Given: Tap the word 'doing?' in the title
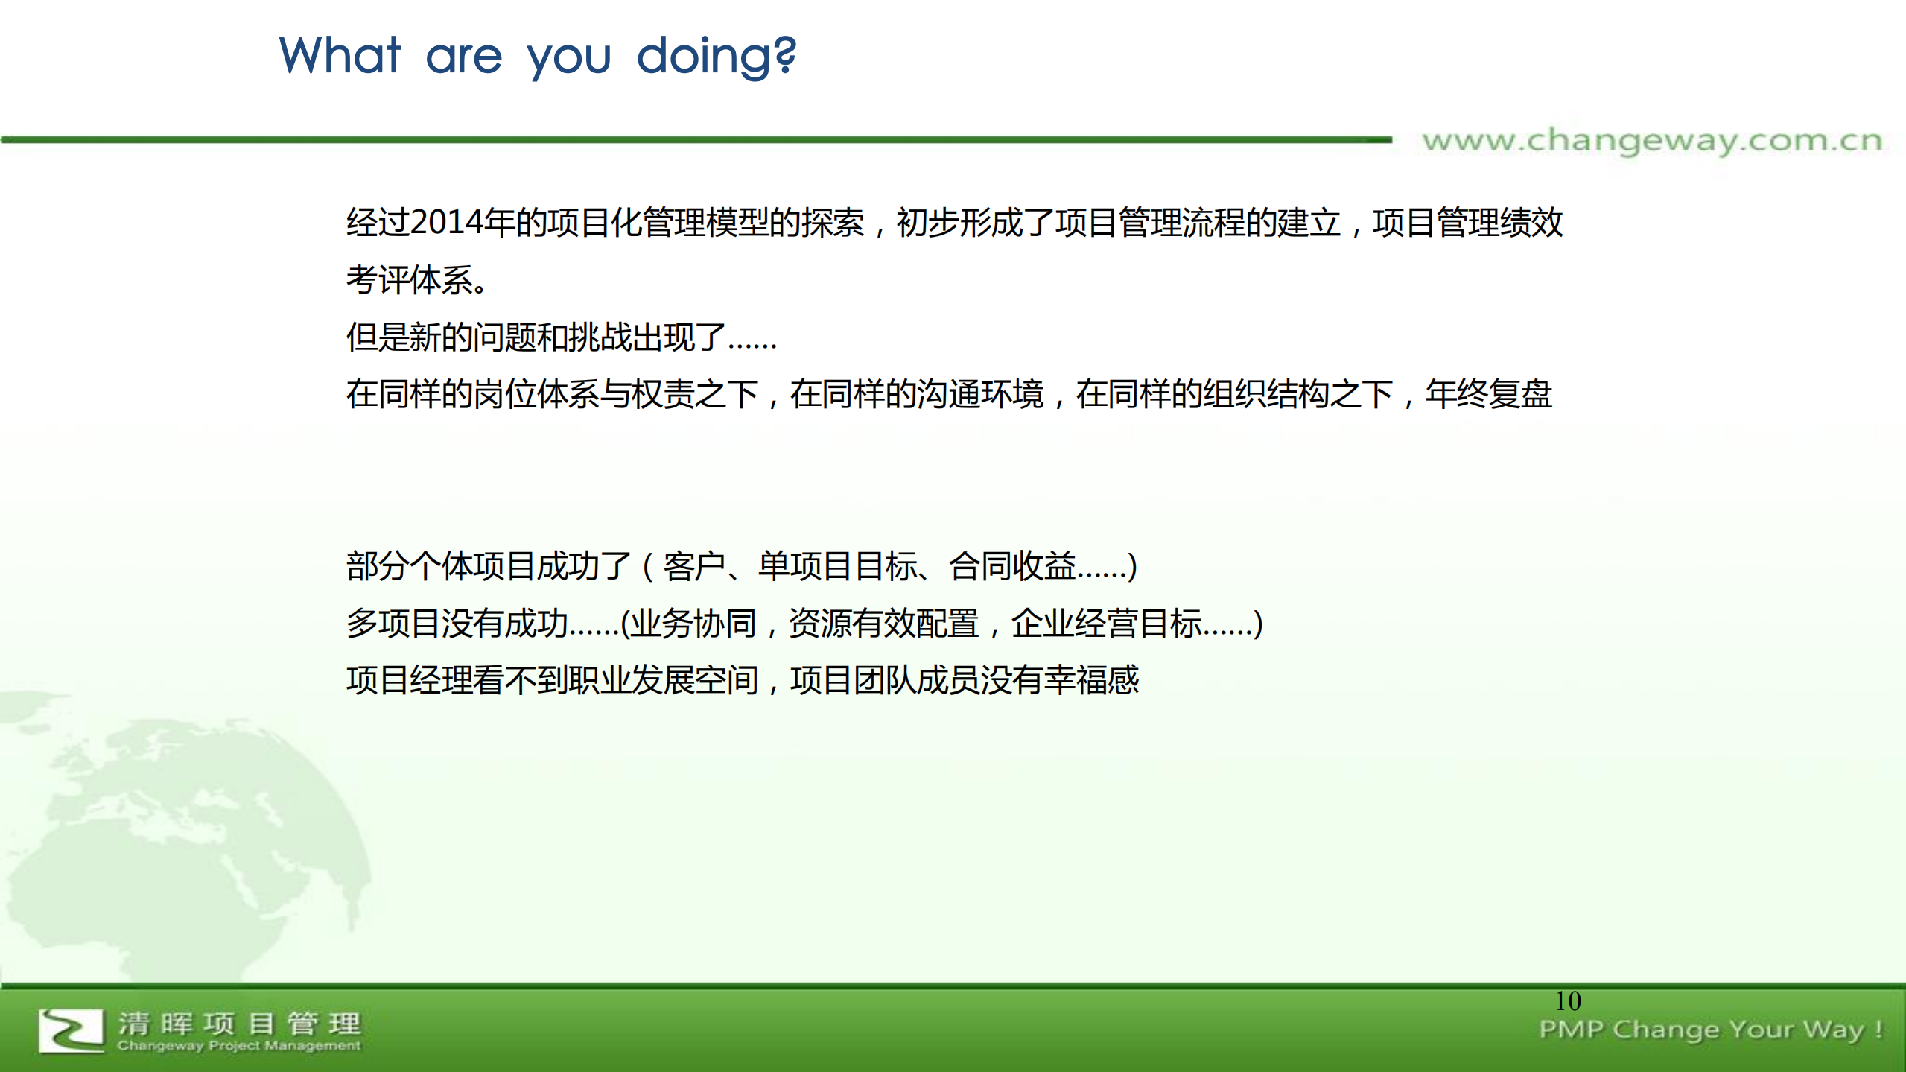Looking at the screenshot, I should coord(716,57).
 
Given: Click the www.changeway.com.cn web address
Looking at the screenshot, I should coord(1651,141).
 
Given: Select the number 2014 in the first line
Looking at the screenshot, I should coord(445,223).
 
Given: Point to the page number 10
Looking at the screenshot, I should coord(1568,1000).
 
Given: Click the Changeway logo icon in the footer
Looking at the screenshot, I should coord(71,1030).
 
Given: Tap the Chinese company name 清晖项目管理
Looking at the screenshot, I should coord(239,1024).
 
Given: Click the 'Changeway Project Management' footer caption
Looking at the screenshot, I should coord(238,1046).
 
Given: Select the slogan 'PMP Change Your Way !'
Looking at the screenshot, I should coord(1710,1030).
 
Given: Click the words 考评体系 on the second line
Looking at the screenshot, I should coord(409,280).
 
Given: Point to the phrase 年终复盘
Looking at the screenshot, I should coord(1488,394).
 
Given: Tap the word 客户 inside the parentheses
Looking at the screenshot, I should coord(693,566).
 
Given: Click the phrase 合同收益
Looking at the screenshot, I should coord(1012,566).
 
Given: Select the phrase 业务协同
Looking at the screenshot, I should coord(693,624).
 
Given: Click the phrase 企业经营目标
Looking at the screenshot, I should coord(1105,624).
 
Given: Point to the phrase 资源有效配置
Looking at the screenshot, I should coord(883,624).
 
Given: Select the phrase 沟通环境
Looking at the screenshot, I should coord(980,394).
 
